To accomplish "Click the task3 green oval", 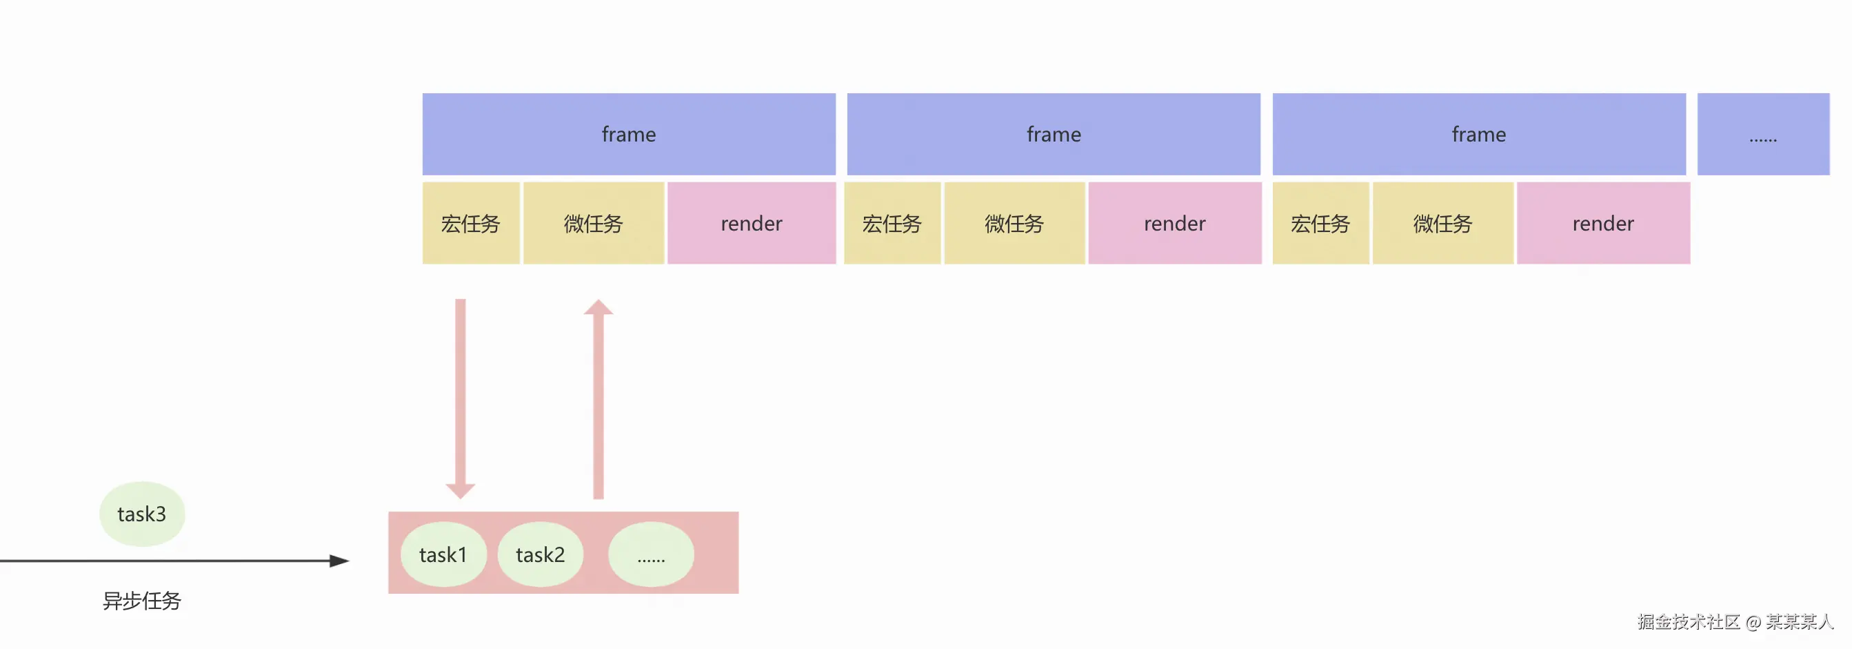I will [x=141, y=514].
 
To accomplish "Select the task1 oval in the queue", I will [x=443, y=554].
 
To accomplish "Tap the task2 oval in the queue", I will [x=540, y=554].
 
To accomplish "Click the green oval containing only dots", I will [x=651, y=554].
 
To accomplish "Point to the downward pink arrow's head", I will [x=460, y=491].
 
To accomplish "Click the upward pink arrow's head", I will [x=598, y=308].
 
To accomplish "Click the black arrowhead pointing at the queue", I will [x=339, y=561].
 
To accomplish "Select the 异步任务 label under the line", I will [x=141, y=601].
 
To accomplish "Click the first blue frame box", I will [x=628, y=134].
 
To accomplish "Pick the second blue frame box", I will [x=1054, y=134].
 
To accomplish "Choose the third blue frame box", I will [x=1478, y=134].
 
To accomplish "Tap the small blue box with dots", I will [x=1763, y=134].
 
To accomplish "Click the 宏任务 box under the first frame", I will [x=470, y=223].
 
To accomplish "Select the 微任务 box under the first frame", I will [x=593, y=223].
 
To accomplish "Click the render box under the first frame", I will [x=752, y=223].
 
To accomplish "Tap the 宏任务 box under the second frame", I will [x=892, y=223].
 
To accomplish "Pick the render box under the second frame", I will [x=1174, y=223].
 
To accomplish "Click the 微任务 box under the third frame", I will [x=1442, y=223].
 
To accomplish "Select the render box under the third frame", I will [x=1602, y=223].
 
